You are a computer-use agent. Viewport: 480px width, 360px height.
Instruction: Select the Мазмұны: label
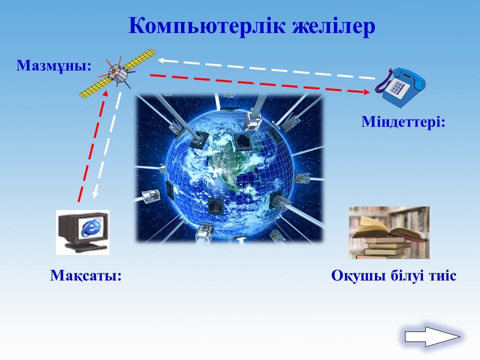[x=54, y=65]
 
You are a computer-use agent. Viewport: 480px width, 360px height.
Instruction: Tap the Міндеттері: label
[x=403, y=122]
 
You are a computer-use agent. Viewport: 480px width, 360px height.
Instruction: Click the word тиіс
[x=442, y=275]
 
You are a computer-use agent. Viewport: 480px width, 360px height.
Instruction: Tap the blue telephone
[x=400, y=87]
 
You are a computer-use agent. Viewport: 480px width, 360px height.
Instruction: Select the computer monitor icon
[x=82, y=232]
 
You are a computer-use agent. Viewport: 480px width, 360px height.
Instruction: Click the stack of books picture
[x=389, y=232]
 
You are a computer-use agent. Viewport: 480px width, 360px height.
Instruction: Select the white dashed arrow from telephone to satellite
[x=266, y=69]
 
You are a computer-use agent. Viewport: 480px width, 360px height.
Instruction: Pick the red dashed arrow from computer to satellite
[x=93, y=146]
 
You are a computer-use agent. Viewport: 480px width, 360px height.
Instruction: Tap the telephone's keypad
[x=397, y=86]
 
